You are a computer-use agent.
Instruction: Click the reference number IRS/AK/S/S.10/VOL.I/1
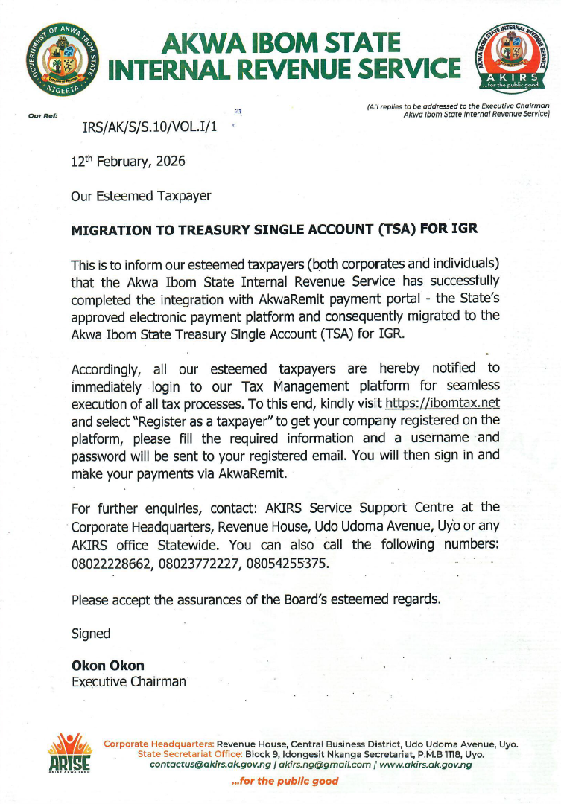coord(151,127)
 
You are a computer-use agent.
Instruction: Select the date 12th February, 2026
coord(128,161)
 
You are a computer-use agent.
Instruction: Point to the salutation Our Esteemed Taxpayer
coord(141,196)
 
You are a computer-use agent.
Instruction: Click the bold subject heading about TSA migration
coord(274,230)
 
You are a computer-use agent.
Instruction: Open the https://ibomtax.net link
coord(442,403)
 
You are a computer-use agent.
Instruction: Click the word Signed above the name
coord(91,634)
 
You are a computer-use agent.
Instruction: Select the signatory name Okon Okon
coord(108,666)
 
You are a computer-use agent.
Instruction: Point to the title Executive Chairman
coord(128,681)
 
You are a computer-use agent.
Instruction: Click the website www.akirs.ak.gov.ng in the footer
coord(425,765)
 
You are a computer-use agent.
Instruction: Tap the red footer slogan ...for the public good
coord(285,781)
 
